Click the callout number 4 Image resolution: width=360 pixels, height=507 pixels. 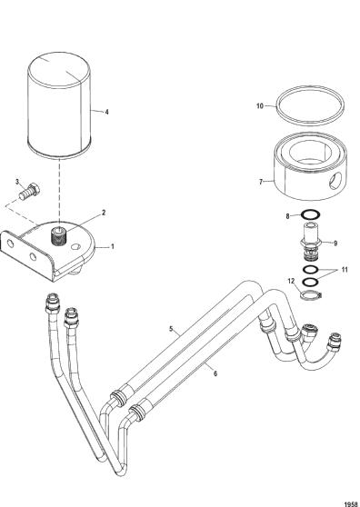pyautogui.click(x=106, y=112)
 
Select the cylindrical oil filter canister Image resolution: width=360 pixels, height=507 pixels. pyautogui.click(x=59, y=105)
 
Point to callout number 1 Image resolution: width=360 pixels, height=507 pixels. pyautogui.click(x=112, y=246)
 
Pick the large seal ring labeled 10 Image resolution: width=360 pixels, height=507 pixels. pyautogui.click(x=310, y=105)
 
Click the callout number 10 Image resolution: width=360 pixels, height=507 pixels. pyautogui.click(x=260, y=105)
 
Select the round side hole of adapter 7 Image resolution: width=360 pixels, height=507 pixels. pyautogui.click(x=335, y=181)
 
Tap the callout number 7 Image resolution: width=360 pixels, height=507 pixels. pyautogui.click(x=261, y=182)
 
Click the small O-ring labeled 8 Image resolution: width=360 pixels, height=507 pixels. pyautogui.click(x=311, y=214)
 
